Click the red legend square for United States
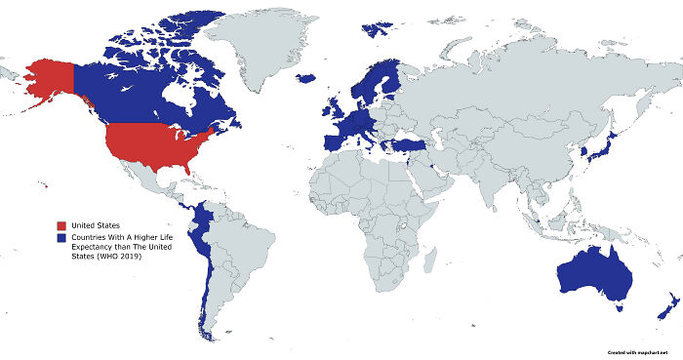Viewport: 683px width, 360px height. pos(61,226)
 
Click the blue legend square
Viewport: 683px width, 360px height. pos(61,238)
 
